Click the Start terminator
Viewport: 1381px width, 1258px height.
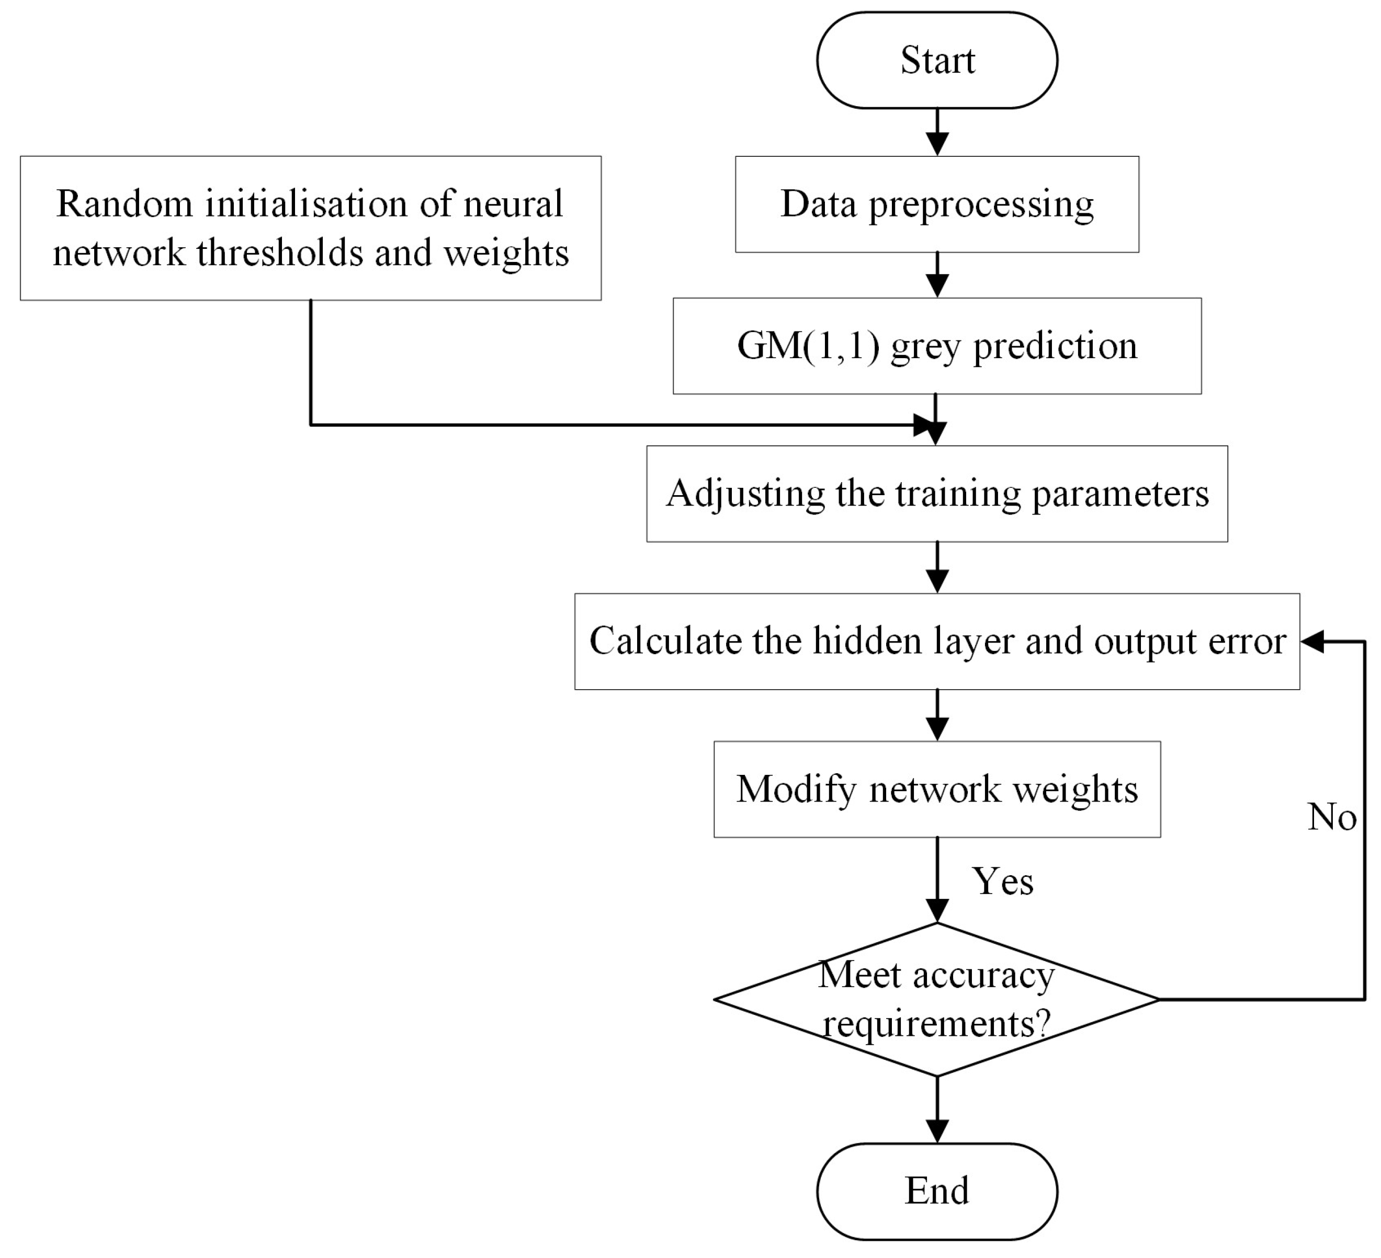tap(936, 60)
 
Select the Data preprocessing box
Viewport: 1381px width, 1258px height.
tap(936, 204)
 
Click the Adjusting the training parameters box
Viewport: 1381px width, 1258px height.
tap(936, 494)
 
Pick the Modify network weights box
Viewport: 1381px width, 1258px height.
tap(936, 789)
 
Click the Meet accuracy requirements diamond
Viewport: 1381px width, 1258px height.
tap(936, 1000)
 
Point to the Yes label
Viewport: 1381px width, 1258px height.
tap(1002, 882)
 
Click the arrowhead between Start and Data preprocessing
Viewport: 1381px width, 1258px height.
tap(936, 144)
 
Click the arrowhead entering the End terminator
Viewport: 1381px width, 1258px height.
tap(936, 1131)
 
